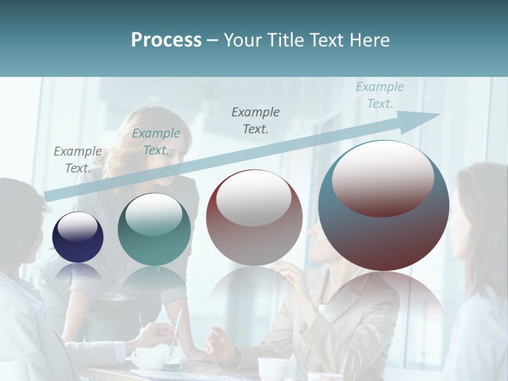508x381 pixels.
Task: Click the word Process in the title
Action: [166, 40]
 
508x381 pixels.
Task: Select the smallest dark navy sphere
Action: [78, 238]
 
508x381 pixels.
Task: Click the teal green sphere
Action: [154, 229]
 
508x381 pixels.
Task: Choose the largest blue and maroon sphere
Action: [384, 205]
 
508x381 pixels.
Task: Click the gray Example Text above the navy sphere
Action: [78, 160]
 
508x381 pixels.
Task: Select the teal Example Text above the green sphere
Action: [156, 142]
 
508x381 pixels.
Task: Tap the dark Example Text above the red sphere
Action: [256, 120]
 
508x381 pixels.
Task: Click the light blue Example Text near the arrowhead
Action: [379, 95]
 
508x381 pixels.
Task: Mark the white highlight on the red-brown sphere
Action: [253, 197]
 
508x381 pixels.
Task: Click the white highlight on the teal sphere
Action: [153, 214]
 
